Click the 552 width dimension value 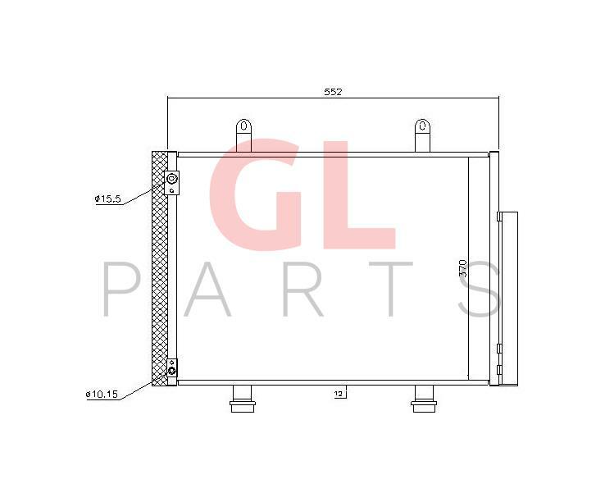click(x=333, y=92)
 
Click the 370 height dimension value click(x=463, y=268)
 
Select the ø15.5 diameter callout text click(x=108, y=199)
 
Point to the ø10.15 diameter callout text click(x=102, y=395)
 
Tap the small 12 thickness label click(x=339, y=394)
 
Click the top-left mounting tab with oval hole click(x=243, y=135)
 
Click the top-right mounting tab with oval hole click(x=422, y=135)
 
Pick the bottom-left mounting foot click(x=243, y=399)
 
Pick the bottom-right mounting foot click(x=424, y=399)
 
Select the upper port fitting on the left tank click(x=172, y=182)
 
